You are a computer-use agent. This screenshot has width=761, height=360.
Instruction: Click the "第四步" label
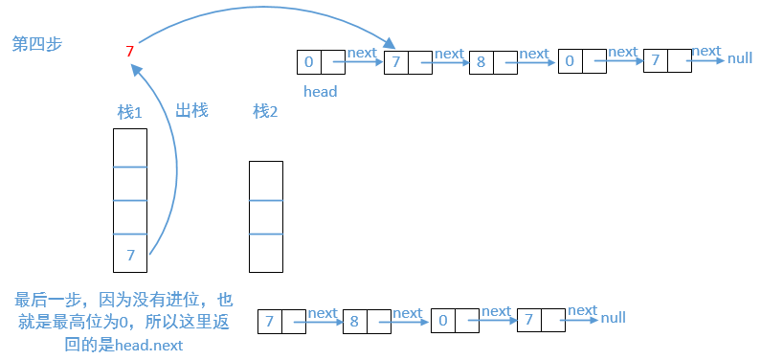click(36, 44)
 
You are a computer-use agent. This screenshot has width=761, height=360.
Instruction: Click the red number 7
click(129, 51)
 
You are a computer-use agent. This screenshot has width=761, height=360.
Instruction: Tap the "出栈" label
click(191, 110)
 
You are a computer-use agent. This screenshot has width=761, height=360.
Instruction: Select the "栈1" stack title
click(129, 112)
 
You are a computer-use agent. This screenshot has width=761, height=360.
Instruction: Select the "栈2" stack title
click(265, 112)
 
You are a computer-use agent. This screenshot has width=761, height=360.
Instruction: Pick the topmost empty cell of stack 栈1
click(130, 147)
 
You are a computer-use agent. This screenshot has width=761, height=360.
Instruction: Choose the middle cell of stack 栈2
click(265, 217)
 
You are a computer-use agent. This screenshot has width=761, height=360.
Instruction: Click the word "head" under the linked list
click(320, 92)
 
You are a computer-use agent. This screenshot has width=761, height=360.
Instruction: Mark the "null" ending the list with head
click(739, 58)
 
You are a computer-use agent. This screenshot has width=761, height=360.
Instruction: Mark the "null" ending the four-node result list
click(613, 318)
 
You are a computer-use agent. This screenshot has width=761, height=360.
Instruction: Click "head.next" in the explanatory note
click(148, 345)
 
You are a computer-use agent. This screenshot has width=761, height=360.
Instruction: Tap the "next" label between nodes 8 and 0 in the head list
click(533, 54)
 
